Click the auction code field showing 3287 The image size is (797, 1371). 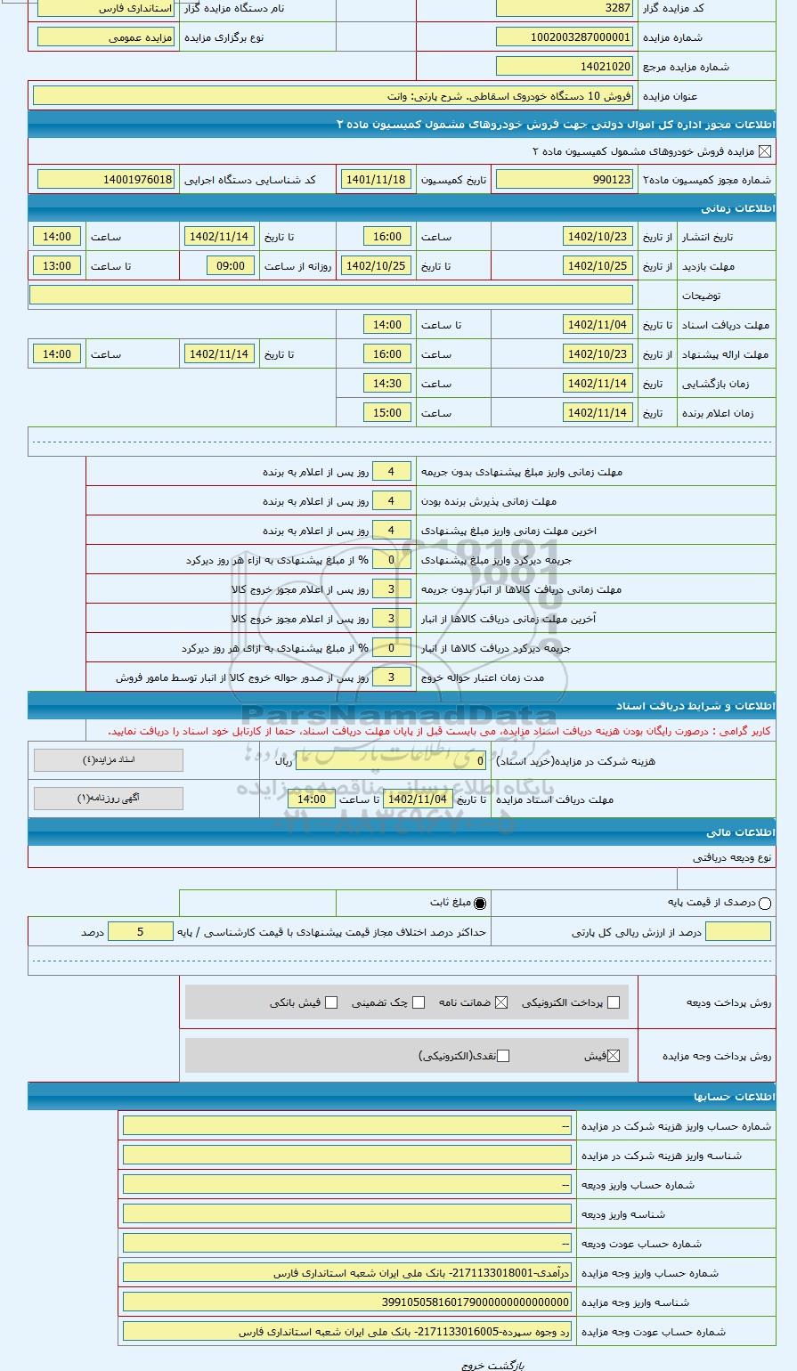click(x=564, y=8)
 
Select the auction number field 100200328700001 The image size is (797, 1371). click(x=564, y=37)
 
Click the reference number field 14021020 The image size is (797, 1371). click(x=564, y=67)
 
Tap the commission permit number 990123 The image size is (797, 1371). click(x=564, y=180)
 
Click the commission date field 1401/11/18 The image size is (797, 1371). click(x=375, y=180)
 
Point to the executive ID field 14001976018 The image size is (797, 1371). click(x=106, y=180)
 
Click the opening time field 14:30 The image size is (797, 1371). click(x=387, y=384)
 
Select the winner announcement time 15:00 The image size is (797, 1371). click(x=387, y=413)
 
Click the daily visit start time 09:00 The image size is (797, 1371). click(x=231, y=266)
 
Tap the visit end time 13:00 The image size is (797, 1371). click(x=57, y=266)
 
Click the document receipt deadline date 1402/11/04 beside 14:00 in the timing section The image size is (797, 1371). click(x=598, y=325)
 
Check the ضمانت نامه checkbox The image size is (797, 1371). click(x=501, y=1002)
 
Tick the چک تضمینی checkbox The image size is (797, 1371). click(x=419, y=1002)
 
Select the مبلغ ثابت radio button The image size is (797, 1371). click(x=480, y=904)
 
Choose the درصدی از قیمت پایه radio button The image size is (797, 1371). click(x=765, y=904)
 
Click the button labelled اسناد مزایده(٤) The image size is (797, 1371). click(x=109, y=760)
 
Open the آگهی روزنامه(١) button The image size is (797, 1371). click(x=109, y=799)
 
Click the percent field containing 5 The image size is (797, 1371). click(x=140, y=932)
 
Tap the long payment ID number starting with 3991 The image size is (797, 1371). click(x=347, y=1302)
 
